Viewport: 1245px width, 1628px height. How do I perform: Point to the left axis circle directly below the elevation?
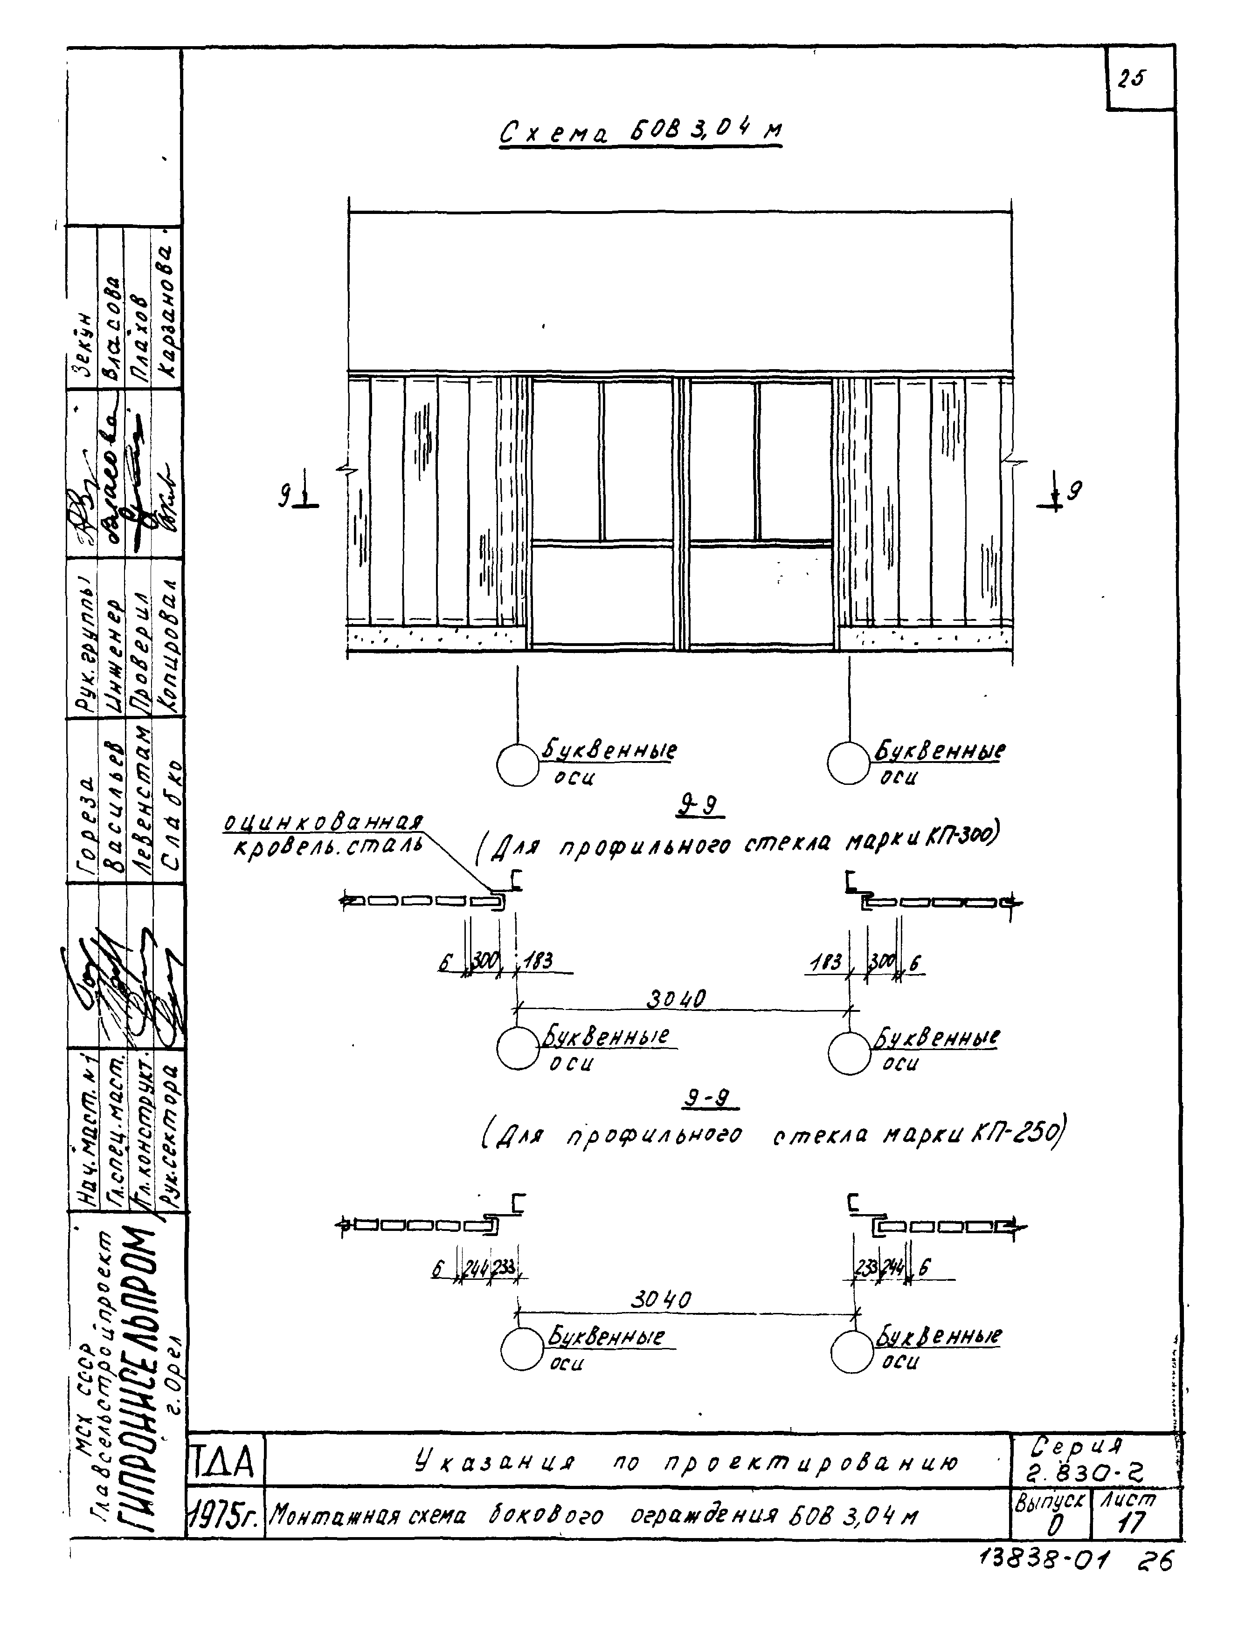pos(517,764)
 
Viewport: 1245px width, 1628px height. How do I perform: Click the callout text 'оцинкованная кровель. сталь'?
pos(325,833)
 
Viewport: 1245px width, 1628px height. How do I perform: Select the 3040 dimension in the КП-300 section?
pos(676,999)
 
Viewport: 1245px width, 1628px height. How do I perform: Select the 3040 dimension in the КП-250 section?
pos(661,1299)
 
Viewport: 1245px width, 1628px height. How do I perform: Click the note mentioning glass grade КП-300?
pos(737,843)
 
